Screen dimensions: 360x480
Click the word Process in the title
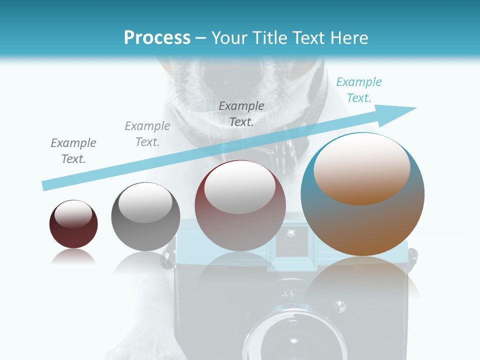click(x=157, y=38)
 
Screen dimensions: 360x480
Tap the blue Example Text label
click(x=358, y=90)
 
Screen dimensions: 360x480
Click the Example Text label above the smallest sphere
click(x=73, y=151)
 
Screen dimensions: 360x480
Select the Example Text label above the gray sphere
click(x=147, y=134)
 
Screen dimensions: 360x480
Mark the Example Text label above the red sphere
click(x=241, y=113)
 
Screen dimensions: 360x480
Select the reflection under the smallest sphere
click(x=73, y=257)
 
